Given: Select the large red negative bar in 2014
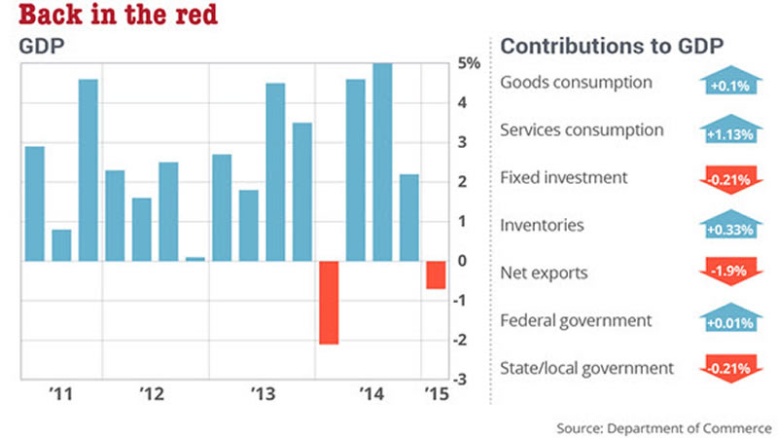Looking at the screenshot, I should (329, 303).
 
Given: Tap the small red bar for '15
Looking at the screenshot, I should (436, 274).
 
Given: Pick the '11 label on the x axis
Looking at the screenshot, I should (60, 394).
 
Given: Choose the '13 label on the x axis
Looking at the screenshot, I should (264, 394).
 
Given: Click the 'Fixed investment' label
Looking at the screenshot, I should (564, 178).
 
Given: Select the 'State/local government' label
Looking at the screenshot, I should (586, 368).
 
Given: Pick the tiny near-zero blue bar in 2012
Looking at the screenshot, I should (194, 259).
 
